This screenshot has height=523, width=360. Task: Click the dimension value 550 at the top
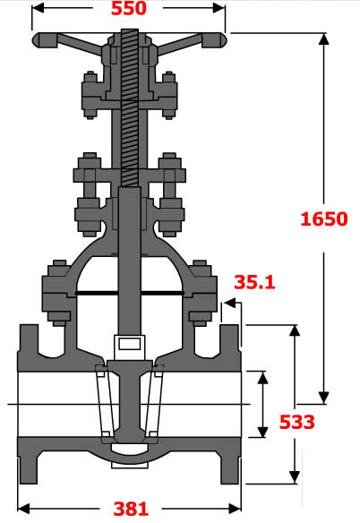click(129, 10)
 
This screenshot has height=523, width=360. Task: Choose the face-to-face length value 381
click(131, 509)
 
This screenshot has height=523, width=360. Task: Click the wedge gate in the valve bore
click(129, 403)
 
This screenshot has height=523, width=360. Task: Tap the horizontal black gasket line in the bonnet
click(129, 294)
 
